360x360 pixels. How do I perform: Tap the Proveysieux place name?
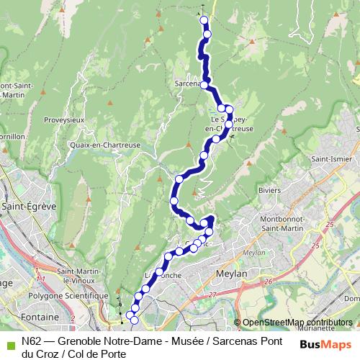click(x=64, y=120)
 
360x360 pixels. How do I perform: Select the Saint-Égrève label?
click(x=30, y=206)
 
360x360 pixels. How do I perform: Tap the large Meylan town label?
click(x=232, y=274)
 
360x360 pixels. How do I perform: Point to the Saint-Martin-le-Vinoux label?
click(x=65, y=276)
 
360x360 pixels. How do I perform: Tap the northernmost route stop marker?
click(x=204, y=20)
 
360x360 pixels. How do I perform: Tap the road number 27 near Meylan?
click(x=212, y=294)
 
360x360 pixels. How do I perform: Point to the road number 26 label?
click(x=268, y=282)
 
